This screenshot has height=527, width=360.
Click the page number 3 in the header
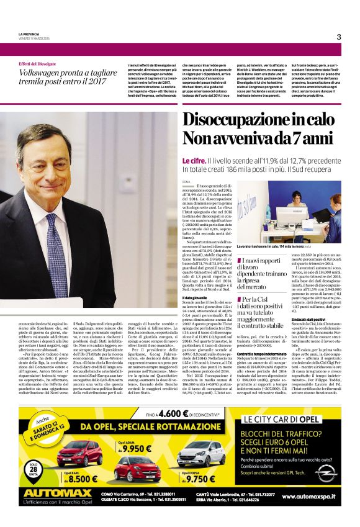(338, 37)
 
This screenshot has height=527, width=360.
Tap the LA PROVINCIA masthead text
(29, 34)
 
